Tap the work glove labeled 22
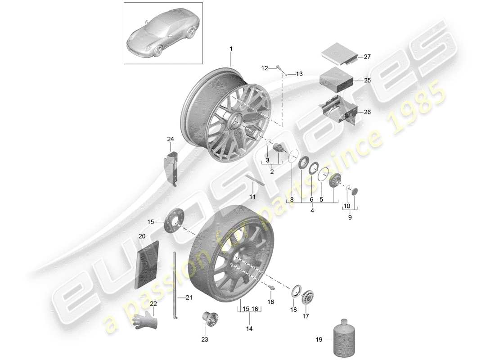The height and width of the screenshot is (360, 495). (145, 320)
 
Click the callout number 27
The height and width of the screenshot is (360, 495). (367, 57)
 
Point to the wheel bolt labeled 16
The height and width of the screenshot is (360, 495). (272, 286)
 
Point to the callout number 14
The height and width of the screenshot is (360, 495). (249, 329)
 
